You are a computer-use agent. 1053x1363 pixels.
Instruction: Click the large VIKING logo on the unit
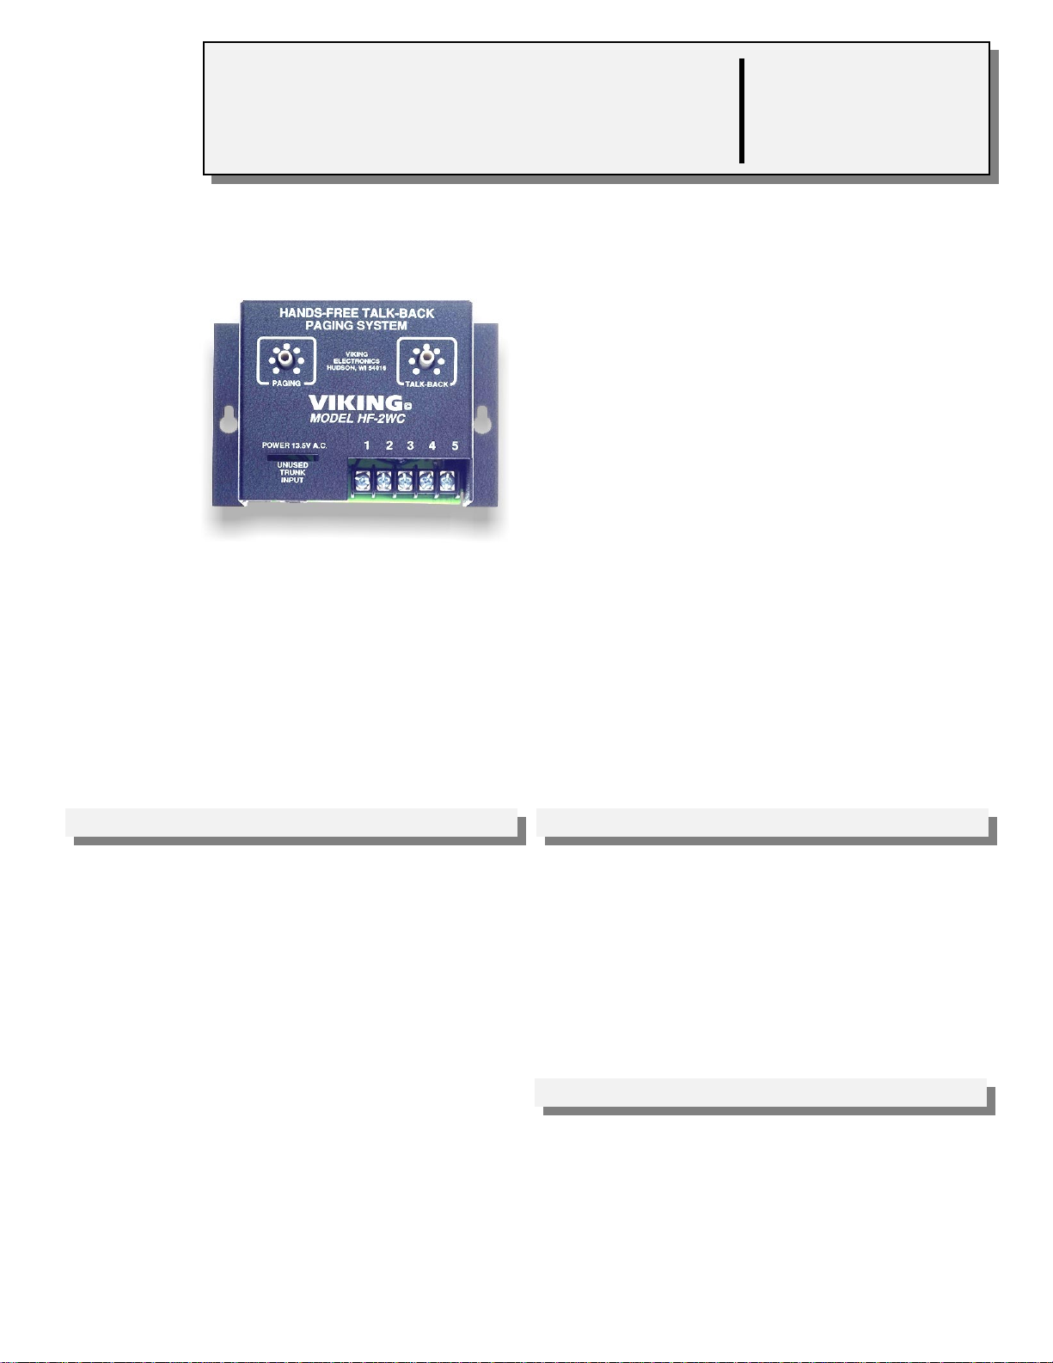click(x=355, y=402)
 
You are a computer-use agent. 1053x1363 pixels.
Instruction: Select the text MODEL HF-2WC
click(x=357, y=419)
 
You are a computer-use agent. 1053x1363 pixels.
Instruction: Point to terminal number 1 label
click(x=367, y=445)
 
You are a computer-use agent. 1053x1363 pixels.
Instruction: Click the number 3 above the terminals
click(x=410, y=445)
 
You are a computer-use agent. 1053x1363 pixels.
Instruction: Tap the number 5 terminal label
click(x=455, y=445)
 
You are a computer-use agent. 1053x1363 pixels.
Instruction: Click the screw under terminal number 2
click(x=383, y=481)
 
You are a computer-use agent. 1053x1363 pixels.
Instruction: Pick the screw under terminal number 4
click(x=426, y=481)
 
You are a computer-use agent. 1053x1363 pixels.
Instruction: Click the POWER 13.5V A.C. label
click(x=294, y=445)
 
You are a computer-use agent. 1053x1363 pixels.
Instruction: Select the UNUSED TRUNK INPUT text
click(x=292, y=472)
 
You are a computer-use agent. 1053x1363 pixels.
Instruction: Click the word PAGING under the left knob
click(x=286, y=383)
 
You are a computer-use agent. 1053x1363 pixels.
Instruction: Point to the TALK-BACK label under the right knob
click(x=426, y=384)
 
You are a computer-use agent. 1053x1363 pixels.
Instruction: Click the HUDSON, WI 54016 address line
click(x=357, y=367)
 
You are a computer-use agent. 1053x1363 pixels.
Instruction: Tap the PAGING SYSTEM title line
click(x=356, y=326)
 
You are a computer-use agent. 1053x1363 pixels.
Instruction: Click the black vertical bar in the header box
click(x=741, y=110)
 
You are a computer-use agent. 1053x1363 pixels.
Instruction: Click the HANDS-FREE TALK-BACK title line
click(x=357, y=313)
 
